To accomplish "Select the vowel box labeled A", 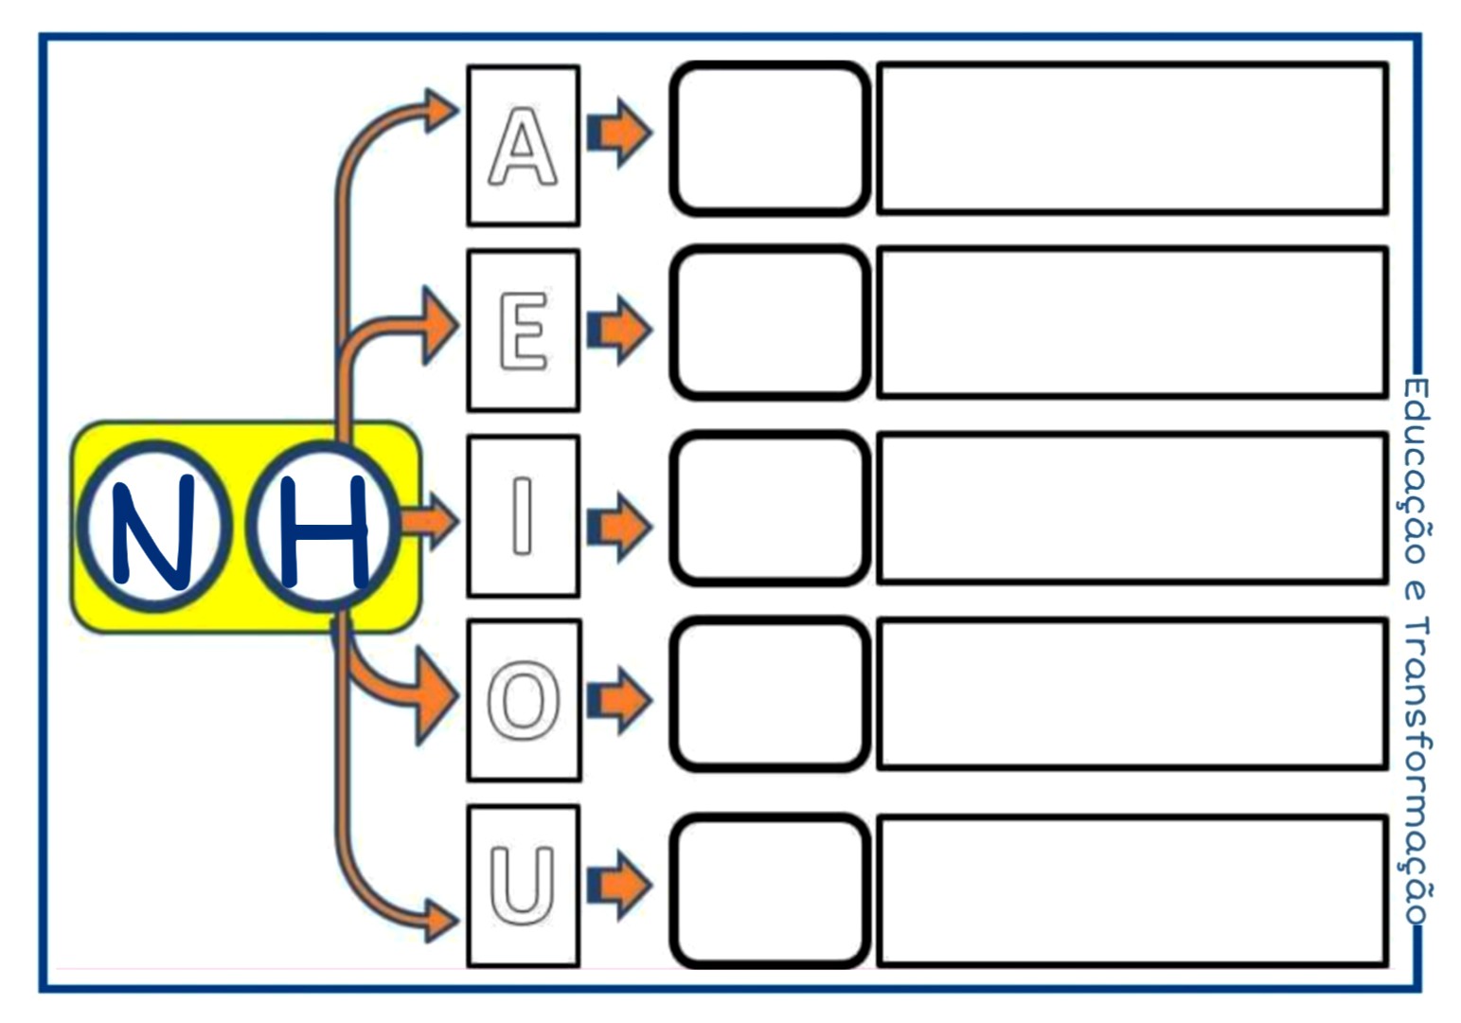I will click(523, 146).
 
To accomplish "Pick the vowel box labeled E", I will click(523, 330).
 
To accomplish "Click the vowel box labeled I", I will click(523, 515).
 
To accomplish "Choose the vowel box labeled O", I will click(524, 701).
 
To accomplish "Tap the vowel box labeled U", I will click(523, 886).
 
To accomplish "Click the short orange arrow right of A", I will click(619, 134).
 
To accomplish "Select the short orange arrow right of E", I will click(619, 330).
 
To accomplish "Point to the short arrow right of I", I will click(619, 526).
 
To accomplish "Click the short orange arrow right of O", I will click(619, 701).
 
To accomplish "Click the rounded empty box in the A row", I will click(769, 139).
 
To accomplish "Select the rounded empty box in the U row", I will click(769, 890).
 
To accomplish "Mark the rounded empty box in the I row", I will click(769, 509).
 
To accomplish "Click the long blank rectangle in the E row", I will click(1132, 322).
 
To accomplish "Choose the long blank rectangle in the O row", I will click(1132, 693).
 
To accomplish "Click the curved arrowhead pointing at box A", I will click(440, 110).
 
